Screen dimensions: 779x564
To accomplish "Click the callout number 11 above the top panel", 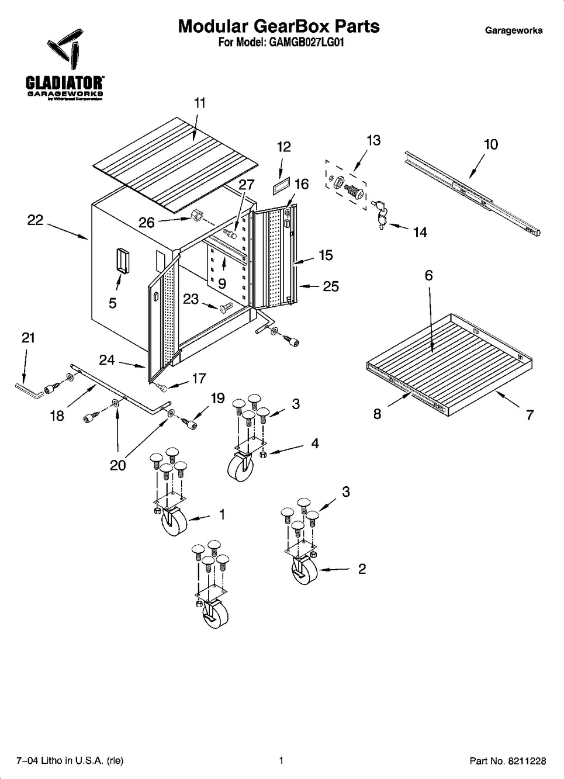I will tap(200, 103).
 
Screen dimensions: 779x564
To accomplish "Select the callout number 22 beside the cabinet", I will tap(36, 220).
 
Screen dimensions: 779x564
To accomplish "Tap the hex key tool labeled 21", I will tap(27, 390).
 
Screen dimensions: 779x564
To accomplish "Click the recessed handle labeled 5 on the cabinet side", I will tap(123, 260).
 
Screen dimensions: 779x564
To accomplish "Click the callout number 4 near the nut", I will tap(315, 444).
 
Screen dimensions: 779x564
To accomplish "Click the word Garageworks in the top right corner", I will tap(513, 30).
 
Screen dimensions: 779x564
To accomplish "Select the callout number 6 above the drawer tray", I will tap(428, 276).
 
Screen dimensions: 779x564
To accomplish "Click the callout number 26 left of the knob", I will tap(147, 222).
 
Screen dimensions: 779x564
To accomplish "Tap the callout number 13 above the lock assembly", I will tap(373, 140).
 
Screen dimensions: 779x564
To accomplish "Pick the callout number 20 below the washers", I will tap(118, 465).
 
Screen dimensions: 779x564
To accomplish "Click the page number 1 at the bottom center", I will tap(281, 760).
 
